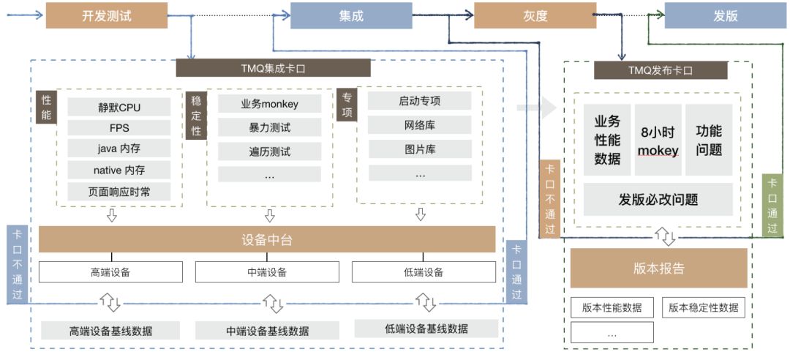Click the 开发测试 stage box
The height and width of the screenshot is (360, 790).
tap(107, 15)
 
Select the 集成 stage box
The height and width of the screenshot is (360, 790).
tap(351, 15)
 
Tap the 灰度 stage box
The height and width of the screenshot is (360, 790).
tap(535, 15)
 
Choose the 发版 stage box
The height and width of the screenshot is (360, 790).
tap(726, 15)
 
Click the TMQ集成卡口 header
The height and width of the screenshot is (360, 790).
tap(273, 69)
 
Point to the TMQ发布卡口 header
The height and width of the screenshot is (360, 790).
tap(661, 71)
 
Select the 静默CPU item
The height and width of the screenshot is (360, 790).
tap(119, 108)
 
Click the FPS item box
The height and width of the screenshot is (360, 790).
tap(119, 128)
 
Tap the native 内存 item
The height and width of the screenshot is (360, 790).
tap(119, 170)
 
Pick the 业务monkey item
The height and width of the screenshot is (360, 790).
tap(269, 104)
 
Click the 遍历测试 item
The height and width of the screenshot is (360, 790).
tap(269, 152)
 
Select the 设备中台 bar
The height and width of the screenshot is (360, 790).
tap(267, 240)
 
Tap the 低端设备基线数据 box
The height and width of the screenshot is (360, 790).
tap(426, 329)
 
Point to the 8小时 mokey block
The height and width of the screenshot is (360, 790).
tap(658, 140)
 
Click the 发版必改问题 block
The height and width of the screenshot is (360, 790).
tap(658, 199)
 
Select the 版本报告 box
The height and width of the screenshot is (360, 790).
tap(658, 268)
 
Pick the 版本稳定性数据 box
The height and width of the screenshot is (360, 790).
tap(703, 307)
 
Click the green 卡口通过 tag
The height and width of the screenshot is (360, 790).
tap(772, 206)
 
